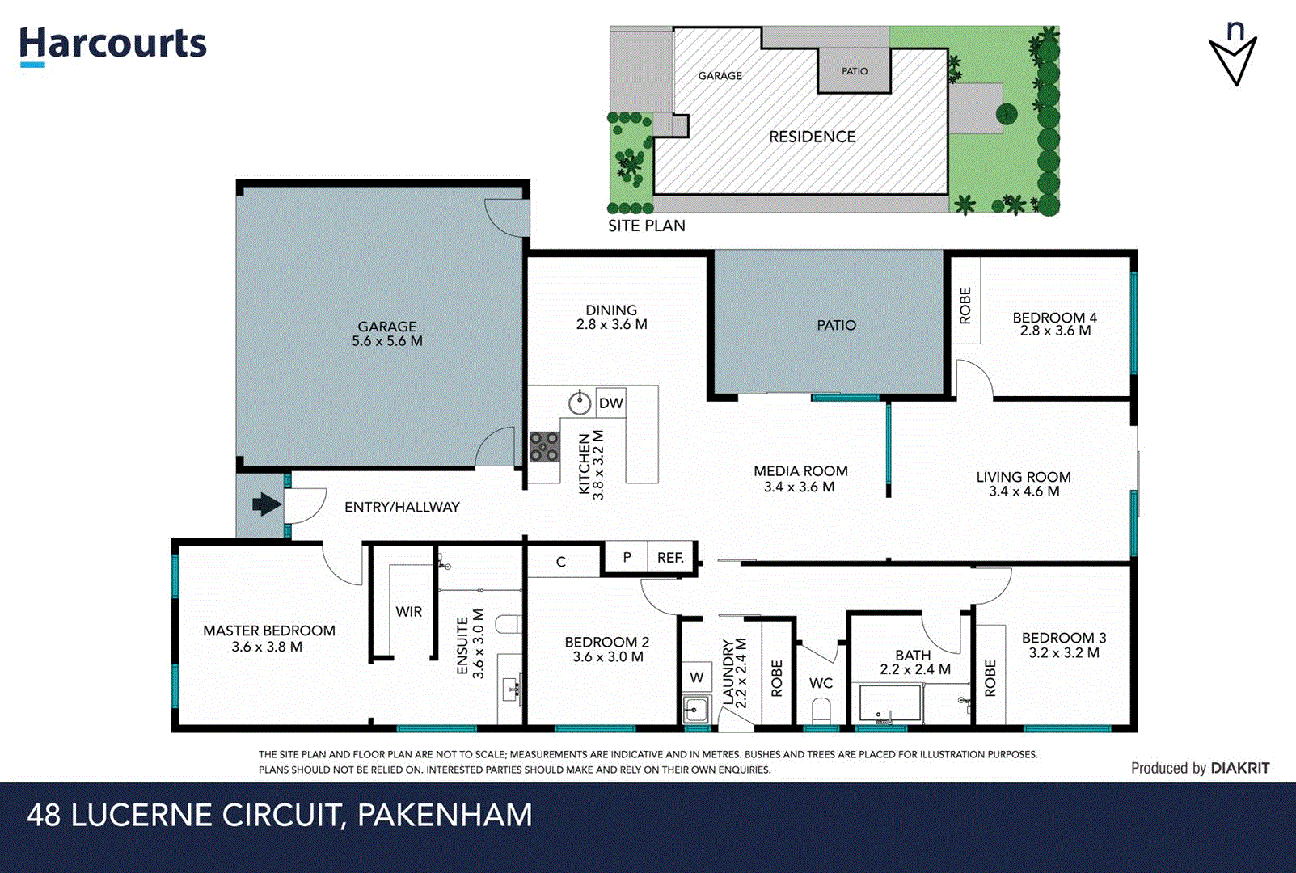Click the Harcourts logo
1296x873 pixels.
(112, 44)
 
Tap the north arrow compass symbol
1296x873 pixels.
(1233, 57)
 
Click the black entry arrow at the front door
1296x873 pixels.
(266, 505)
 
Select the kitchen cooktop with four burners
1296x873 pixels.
(544, 447)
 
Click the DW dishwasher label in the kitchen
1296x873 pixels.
(611, 403)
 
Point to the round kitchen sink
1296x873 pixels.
(579, 403)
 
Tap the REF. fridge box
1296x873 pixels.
(670, 558)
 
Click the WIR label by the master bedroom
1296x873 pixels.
(408, 612)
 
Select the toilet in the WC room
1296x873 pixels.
(821, 712)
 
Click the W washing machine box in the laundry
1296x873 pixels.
(696, 677)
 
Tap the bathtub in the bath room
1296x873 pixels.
(890, 703)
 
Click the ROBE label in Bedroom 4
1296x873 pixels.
(965, 306)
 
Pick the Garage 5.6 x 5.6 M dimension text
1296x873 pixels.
(387, 341)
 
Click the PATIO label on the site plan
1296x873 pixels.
(855, 71)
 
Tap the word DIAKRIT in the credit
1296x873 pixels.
(1240, 769)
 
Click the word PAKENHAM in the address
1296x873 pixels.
(445, 815)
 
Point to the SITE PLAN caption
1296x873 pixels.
(647, 226)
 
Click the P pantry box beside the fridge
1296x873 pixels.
(627, 557)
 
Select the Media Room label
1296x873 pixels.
(800, 471)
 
